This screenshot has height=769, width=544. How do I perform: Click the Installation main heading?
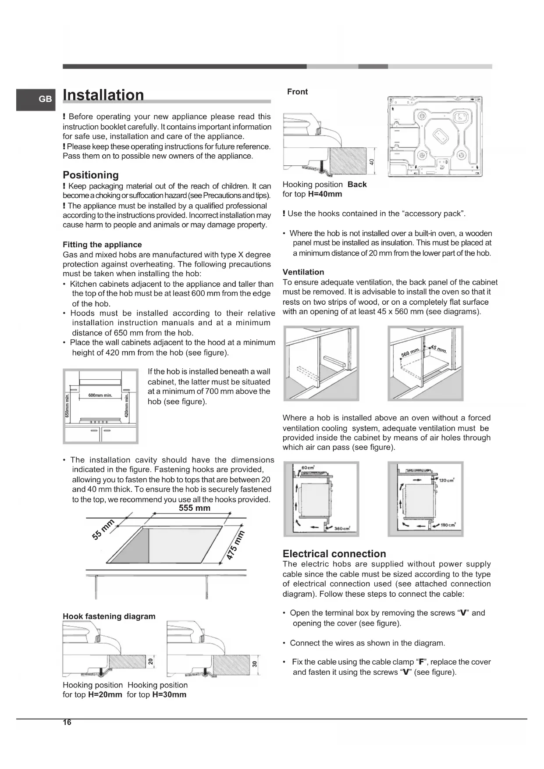(103, 95)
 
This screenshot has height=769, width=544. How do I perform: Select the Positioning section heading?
(91, 175)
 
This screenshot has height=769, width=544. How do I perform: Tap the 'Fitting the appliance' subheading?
(102, 245)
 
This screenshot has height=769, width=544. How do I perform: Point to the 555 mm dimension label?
(195, 508)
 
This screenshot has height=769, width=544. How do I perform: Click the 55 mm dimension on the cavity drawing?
(103, 529)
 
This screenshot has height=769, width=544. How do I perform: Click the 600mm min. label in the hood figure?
(100, 395)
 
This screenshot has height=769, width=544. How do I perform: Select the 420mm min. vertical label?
(127, 406)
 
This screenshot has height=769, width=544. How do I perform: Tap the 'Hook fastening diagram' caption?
(109, 616)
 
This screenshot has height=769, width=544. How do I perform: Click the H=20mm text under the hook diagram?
(105, 694)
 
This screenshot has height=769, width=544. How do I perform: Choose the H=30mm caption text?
(169, 694)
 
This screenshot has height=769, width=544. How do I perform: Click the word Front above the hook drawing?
(297, 92)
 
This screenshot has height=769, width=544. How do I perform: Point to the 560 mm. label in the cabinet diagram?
(411, 352)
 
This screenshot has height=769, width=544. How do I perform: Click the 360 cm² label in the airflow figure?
(341, 529)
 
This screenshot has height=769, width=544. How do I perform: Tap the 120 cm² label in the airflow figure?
(446, 480)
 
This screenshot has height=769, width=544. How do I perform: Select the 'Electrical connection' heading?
(334, 554)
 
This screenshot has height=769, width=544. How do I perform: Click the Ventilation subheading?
(303, 272)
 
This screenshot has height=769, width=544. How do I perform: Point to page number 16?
(67, 723)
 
